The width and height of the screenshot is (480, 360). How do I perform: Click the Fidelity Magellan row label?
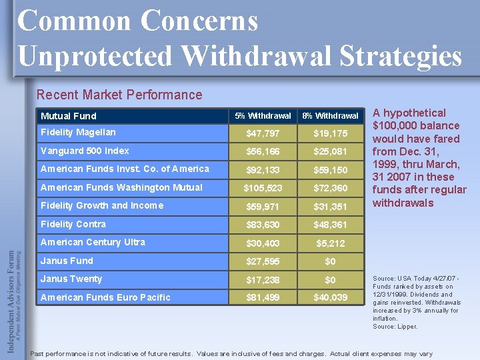[78, 132]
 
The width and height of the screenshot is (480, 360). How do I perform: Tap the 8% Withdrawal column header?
[330, 115]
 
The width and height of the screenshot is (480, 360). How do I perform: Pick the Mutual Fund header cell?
[69, 115]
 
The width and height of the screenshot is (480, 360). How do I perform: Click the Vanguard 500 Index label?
[85, 151]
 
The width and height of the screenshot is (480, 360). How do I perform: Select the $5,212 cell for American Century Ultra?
[330, 243]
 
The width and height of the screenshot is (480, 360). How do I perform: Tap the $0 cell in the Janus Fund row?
[330, 262]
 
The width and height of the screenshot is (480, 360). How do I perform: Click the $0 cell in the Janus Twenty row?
[330, 280]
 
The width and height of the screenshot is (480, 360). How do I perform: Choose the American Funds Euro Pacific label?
[105, 297]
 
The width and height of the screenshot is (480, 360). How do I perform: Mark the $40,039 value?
[330, 298]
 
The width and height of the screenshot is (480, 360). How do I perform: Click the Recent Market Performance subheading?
[119, 95]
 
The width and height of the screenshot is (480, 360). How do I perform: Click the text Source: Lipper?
[395, 327]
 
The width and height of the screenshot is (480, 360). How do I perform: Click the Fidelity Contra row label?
[73, 224]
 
